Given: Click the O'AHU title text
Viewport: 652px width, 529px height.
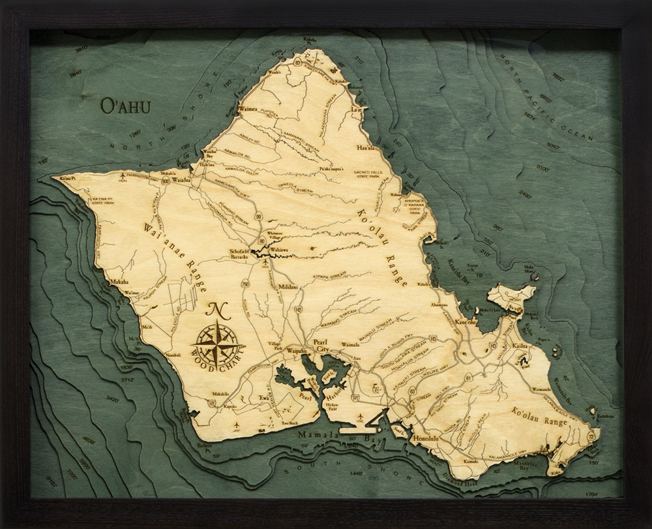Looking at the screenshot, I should point(126,105).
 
